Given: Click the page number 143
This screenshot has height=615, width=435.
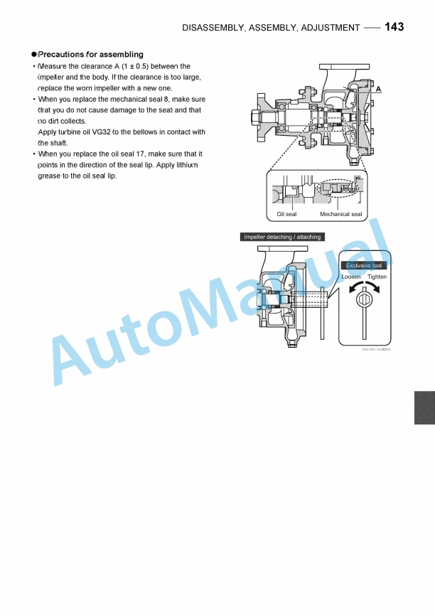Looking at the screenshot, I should pos(394,27).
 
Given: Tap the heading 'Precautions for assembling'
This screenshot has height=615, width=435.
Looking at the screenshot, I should pos(90,54).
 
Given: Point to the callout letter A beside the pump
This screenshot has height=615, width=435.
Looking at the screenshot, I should pos(379,89).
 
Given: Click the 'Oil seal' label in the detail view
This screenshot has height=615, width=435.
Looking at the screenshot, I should pos(286,214).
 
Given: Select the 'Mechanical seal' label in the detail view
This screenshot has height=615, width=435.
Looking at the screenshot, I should pos(340,214).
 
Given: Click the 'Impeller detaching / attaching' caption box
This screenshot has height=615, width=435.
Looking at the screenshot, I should pos(282,237).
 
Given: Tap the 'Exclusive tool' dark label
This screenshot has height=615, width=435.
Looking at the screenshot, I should pos(364,265).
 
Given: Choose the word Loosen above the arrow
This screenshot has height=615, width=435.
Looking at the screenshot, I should pos(351,277).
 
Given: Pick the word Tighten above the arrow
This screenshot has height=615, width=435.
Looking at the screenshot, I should pos(377,277).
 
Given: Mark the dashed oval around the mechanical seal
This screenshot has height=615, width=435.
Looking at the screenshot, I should pos(340,188).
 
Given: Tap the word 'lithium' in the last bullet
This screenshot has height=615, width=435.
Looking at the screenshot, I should pos(185,165).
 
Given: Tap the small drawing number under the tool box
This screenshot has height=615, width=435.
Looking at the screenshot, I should pos(375,350).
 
